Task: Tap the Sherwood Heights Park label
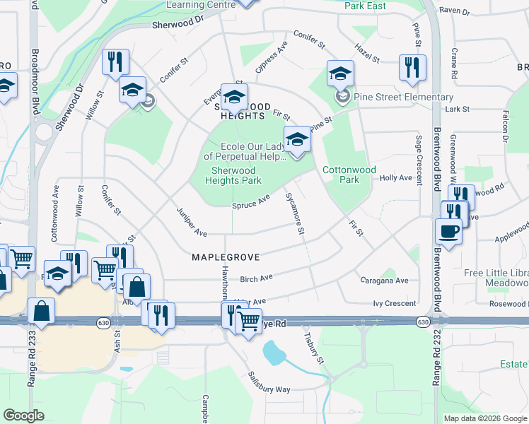[233, 175]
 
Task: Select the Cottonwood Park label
[349, 175]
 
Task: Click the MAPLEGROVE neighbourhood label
[226, 257]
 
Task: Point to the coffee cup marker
[448, 231]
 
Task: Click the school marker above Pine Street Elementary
[340, 73]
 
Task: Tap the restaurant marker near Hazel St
[412, 68]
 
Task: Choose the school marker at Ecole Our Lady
[297, 139]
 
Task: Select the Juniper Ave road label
[191, 221]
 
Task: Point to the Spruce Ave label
[251, 201]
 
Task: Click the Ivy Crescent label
[394, 303]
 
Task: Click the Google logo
[24, 415]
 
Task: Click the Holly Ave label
[395, 178]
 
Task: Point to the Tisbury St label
[313, 348]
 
